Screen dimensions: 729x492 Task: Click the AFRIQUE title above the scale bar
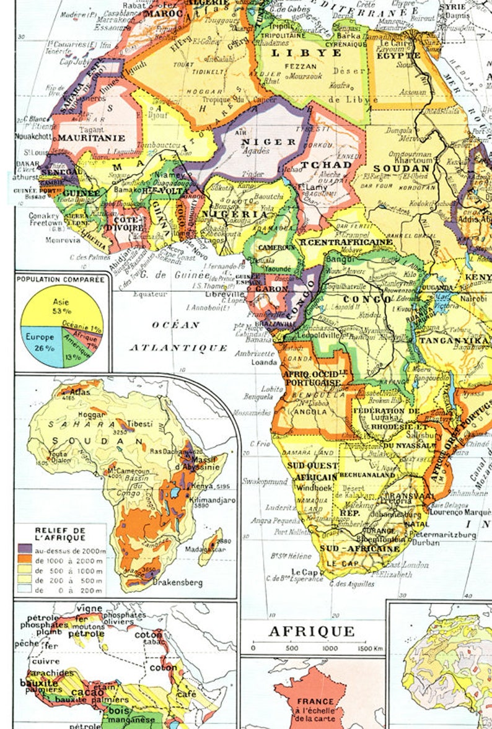coord(312,631)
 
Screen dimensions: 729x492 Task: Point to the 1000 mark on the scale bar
coord(330,648)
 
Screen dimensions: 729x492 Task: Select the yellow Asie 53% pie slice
coord(62,306)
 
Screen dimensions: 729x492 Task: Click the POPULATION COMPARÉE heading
coord(61,279)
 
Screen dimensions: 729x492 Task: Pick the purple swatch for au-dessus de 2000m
coord(25,549)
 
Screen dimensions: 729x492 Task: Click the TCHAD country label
coord(327,165)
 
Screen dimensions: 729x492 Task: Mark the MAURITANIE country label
coord(91,138)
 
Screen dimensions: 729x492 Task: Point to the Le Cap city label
coord(304,572)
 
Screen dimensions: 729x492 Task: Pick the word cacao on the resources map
coord(87,692)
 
